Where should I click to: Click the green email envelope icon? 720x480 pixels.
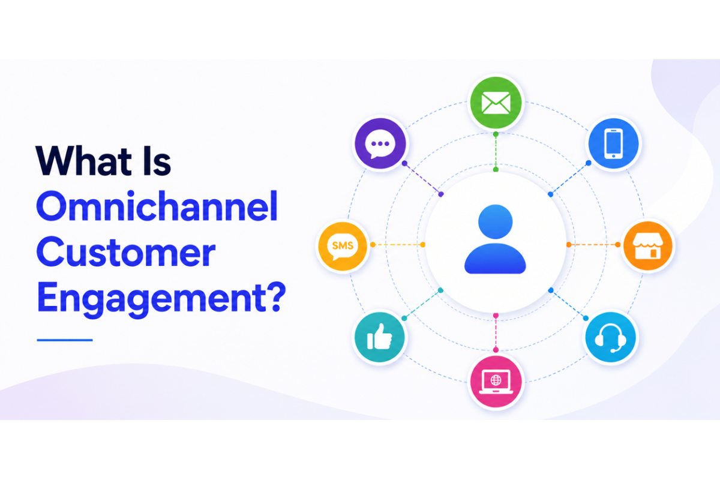click(496, 103)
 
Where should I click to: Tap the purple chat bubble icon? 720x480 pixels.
click(380, 143)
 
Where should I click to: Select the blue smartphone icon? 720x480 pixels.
click(613, 143)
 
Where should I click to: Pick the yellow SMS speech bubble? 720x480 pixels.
click(343, 246)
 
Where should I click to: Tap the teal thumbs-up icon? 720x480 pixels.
click(380, 337)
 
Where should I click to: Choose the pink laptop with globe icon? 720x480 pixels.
click(496, 383)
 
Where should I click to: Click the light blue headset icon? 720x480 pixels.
click(610, 338)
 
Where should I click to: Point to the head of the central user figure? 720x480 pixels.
click(496, 222)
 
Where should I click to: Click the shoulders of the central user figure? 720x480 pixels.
click(496, 259)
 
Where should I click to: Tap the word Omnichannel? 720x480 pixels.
click(157, 206)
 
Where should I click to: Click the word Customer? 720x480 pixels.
click(126, 251)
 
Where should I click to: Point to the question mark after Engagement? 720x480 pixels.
click(276, 296)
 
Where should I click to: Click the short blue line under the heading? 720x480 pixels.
click(65, 340)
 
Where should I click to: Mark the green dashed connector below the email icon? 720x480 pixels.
click(496, 151)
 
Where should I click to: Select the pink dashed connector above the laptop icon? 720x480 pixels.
click(496, 332)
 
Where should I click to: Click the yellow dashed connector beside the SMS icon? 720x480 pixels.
click(398, 245)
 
